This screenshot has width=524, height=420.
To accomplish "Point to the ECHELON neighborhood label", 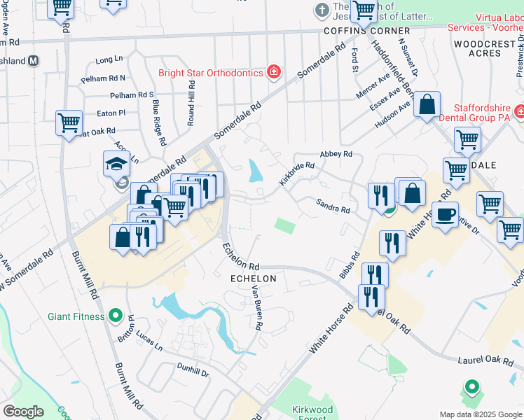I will coord(254,279).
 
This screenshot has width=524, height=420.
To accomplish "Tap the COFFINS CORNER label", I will coord(366,31).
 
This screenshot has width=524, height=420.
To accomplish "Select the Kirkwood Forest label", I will coord(312,414).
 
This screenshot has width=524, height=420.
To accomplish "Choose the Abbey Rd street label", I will coord(335,154).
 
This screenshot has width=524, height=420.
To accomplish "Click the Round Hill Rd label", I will coord(191,102).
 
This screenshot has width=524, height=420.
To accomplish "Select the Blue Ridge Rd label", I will coord(158,122).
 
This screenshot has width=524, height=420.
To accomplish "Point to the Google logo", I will coord(24,412).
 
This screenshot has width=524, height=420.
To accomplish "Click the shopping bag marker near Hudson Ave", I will coord(426,105).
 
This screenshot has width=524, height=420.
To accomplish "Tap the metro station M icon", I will coord(33,60).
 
